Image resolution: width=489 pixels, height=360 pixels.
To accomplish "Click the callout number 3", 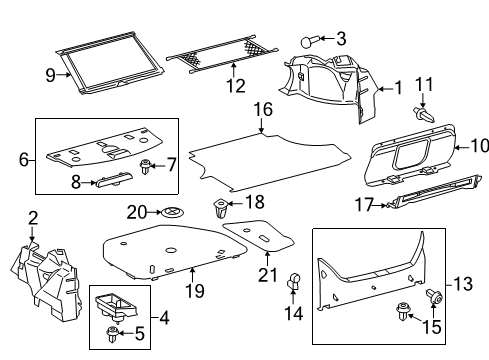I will point(341,39).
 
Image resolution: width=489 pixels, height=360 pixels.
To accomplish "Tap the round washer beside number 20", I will point(173,212).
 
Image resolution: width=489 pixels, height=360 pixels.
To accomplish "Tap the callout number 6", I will point(24,157).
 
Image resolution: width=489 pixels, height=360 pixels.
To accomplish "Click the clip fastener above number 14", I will point(295,282).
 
